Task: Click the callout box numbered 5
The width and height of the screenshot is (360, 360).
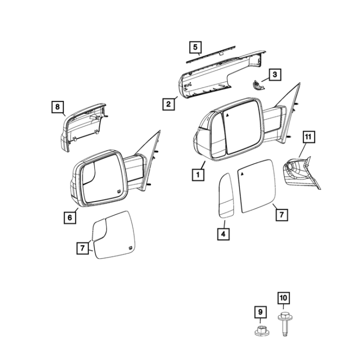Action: tap(195, 47)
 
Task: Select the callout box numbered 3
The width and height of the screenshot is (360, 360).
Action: tap(275, 74)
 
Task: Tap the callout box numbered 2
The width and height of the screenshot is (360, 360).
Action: tap(168, 104)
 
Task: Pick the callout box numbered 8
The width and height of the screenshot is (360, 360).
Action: tap(57, 107)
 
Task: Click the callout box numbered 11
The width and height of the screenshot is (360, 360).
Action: tap(308, 137)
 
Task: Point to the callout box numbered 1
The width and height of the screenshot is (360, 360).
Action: tap(198, 175)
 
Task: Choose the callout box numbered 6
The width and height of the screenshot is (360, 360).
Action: tap(70, 217)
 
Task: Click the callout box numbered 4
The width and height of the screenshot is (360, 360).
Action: tap(223, 234)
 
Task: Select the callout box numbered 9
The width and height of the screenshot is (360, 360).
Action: tap(260, 312)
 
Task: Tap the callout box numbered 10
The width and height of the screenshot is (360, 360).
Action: tap(283, 298)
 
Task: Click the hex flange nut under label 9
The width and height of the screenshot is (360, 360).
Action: tap(260, 330)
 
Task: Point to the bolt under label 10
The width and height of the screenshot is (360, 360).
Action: tap(284, 324)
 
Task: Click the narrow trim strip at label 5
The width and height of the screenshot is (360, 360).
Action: tap(211, 54)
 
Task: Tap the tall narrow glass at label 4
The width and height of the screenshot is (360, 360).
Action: tap(225, 195)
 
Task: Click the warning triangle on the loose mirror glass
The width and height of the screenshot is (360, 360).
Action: tap(242, 174)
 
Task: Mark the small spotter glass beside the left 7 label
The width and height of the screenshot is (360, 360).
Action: tap(99, 229)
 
